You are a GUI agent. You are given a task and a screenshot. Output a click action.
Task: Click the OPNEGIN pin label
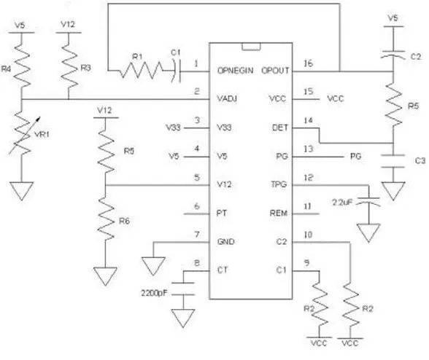[x=235, y=71]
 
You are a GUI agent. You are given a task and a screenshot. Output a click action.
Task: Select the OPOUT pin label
[x=275, y=71]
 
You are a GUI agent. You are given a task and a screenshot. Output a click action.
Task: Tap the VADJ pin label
[x=227, y=98]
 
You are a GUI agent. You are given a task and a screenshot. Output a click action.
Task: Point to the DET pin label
[x=280, y=128]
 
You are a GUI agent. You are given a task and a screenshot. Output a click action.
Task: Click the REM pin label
[x=279, y=213]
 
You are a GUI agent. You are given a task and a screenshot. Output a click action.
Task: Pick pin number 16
[x=308, y=63]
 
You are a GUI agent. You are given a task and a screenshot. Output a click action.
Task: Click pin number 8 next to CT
[x=197, y=263]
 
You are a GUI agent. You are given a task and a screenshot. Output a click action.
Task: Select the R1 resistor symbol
[x=142, y=71]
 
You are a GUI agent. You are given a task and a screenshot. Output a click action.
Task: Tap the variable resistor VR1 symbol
[x=23, y=133]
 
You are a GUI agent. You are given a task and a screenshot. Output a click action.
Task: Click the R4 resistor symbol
[x=21, y=66]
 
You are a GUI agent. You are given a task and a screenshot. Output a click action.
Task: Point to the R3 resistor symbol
[x=69, y=66]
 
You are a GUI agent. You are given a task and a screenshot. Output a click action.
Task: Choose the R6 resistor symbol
[x=106, y=219]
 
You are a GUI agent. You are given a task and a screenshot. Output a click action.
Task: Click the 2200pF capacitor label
[x=154, y=293]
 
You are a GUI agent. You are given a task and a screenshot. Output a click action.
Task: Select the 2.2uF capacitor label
[x=342, y=203]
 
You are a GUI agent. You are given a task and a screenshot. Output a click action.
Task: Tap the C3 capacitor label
[x=420, y=160]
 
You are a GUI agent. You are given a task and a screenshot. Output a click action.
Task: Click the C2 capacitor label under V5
[x=416, y=57]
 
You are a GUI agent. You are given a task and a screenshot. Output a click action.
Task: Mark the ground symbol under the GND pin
[x=153, y=266]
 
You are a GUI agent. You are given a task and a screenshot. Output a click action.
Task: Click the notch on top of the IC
[x=251, y=47]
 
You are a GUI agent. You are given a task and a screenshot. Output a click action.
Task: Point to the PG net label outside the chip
[x=356, y=156]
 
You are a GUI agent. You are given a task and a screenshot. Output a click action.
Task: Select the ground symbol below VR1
[x=22, y=191]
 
